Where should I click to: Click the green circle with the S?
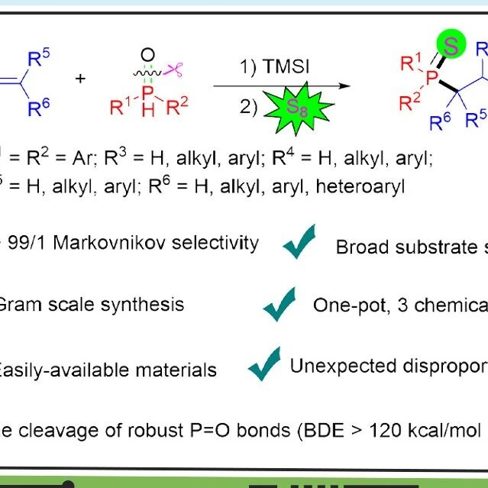click(x=451, y=44)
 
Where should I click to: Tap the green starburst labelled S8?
click(x=298, y=108)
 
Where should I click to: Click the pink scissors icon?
click(x=173, y=69)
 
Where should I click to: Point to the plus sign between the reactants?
click(x=80, y=79)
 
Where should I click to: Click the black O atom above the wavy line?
click(x=147, y=54)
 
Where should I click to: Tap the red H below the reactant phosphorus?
click(x=148, y=110)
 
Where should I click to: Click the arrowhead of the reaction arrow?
click(x=344, y=86)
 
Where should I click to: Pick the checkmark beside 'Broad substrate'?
click(x=299, y=241)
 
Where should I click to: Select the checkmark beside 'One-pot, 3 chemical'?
click(x=280, y=304)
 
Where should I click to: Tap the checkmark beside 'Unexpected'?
click(x=264, y=364)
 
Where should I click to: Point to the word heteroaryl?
click(x=360, y=187)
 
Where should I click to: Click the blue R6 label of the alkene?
click(x=39, y=108)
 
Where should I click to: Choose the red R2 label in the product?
click(x=409, y=102)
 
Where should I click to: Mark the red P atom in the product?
click(x=432, y=77)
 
